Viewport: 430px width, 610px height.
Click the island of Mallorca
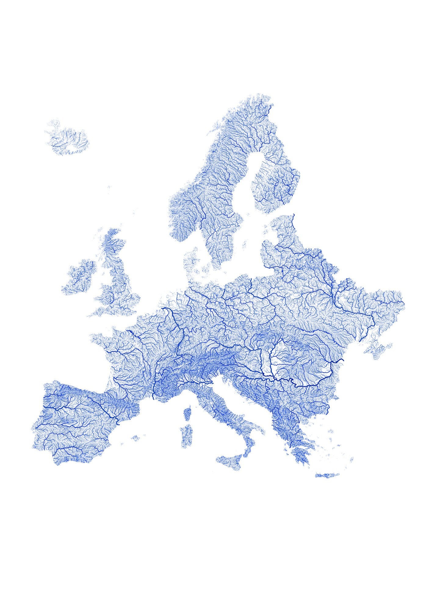(135, 438)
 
